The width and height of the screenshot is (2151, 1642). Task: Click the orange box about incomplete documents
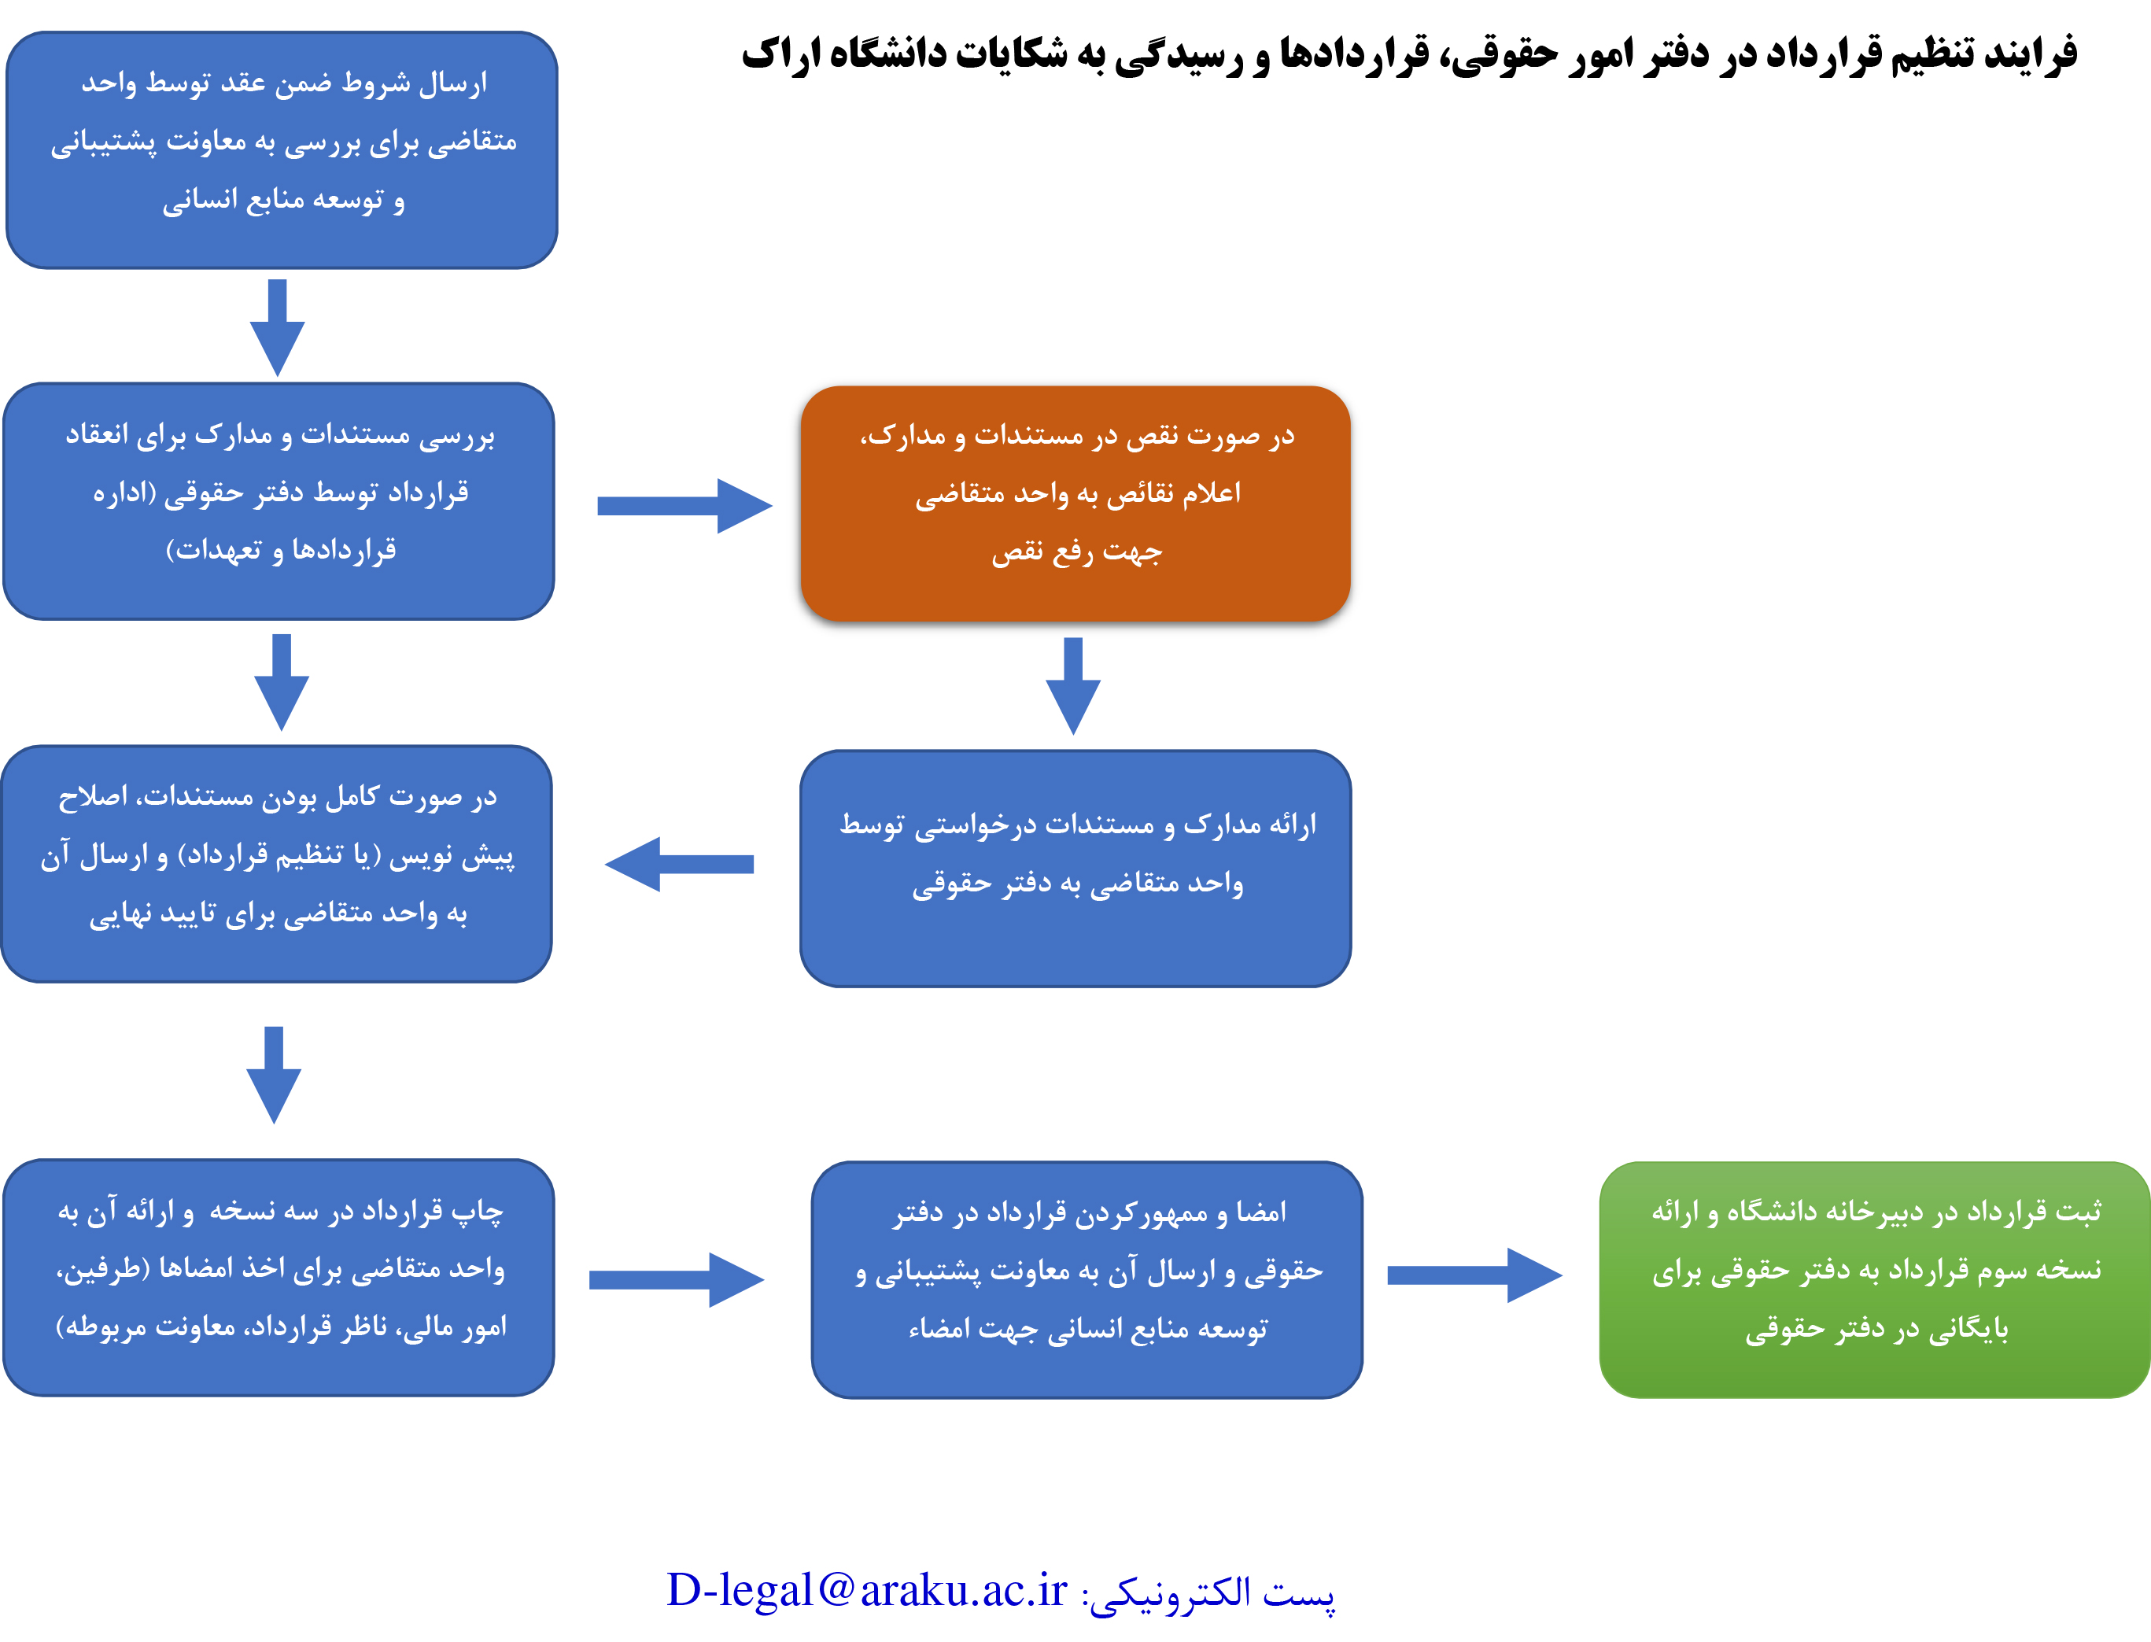1075,504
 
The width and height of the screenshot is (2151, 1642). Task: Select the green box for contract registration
1874,1279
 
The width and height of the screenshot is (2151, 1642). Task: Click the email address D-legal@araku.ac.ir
867,1590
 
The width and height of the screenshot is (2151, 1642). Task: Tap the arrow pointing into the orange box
684,505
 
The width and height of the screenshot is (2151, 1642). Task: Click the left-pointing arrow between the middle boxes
679,864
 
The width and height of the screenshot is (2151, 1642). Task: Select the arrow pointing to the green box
1474,1275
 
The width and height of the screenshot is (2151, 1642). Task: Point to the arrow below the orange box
1073,686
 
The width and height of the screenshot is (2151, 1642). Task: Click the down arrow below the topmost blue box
278,327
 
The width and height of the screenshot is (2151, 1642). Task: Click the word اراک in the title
777,54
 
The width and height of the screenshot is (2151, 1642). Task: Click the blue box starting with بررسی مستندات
279,501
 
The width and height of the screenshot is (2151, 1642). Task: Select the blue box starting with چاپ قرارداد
279,1278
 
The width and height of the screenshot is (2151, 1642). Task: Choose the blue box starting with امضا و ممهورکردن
1087,1279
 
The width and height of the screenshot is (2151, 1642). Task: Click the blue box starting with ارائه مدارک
1075,868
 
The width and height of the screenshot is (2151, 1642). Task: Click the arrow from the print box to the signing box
677,1279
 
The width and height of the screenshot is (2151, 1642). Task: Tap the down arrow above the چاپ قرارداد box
274,1075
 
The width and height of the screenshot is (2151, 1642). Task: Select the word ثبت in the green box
2078,1211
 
